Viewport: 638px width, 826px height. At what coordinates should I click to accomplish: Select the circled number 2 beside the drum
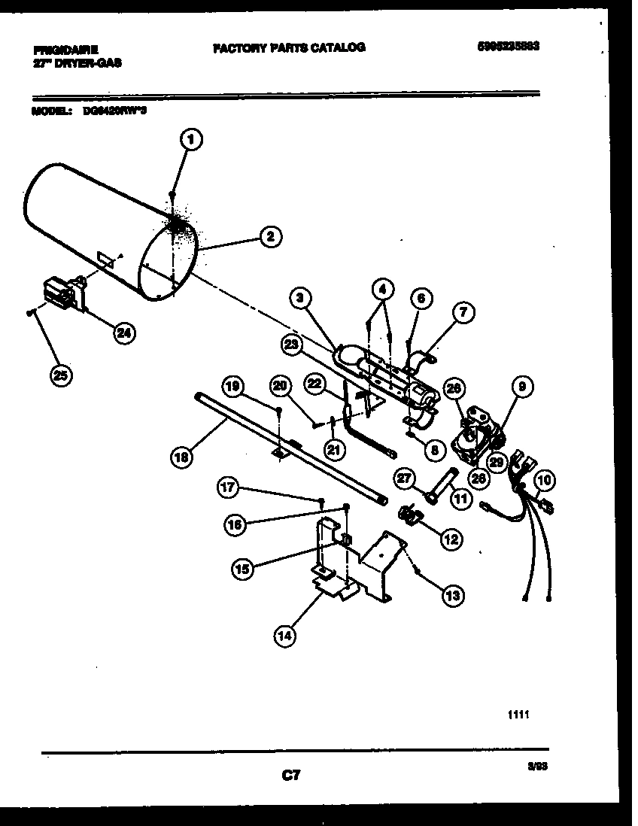(270, 238)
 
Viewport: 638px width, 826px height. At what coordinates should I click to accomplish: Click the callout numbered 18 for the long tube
(181, 456)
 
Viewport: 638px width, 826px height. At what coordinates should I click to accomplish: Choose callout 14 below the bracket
(284, 636)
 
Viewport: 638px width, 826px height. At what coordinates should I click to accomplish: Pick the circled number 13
(453, 596)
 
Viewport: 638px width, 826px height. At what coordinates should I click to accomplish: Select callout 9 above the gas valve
(522, 387)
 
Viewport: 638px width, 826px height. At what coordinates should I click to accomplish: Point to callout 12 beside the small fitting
(451, 539)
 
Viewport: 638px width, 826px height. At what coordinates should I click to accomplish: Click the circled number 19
(233, 387)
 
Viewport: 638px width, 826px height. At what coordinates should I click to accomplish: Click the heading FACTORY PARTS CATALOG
(289, 47)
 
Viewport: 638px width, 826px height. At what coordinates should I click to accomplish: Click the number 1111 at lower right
(518, 715)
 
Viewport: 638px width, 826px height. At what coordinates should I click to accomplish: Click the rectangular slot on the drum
(106, 260)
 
